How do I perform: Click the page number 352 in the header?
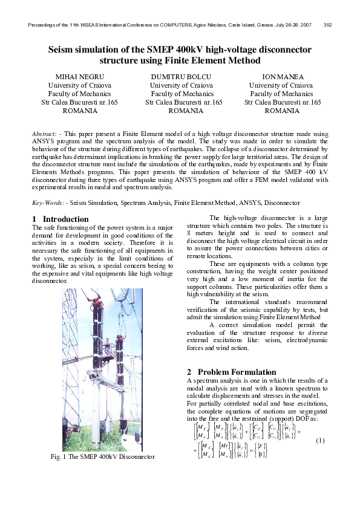point(328,25)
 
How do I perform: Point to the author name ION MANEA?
point(283,77)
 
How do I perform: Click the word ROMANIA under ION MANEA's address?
point(283,111)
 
